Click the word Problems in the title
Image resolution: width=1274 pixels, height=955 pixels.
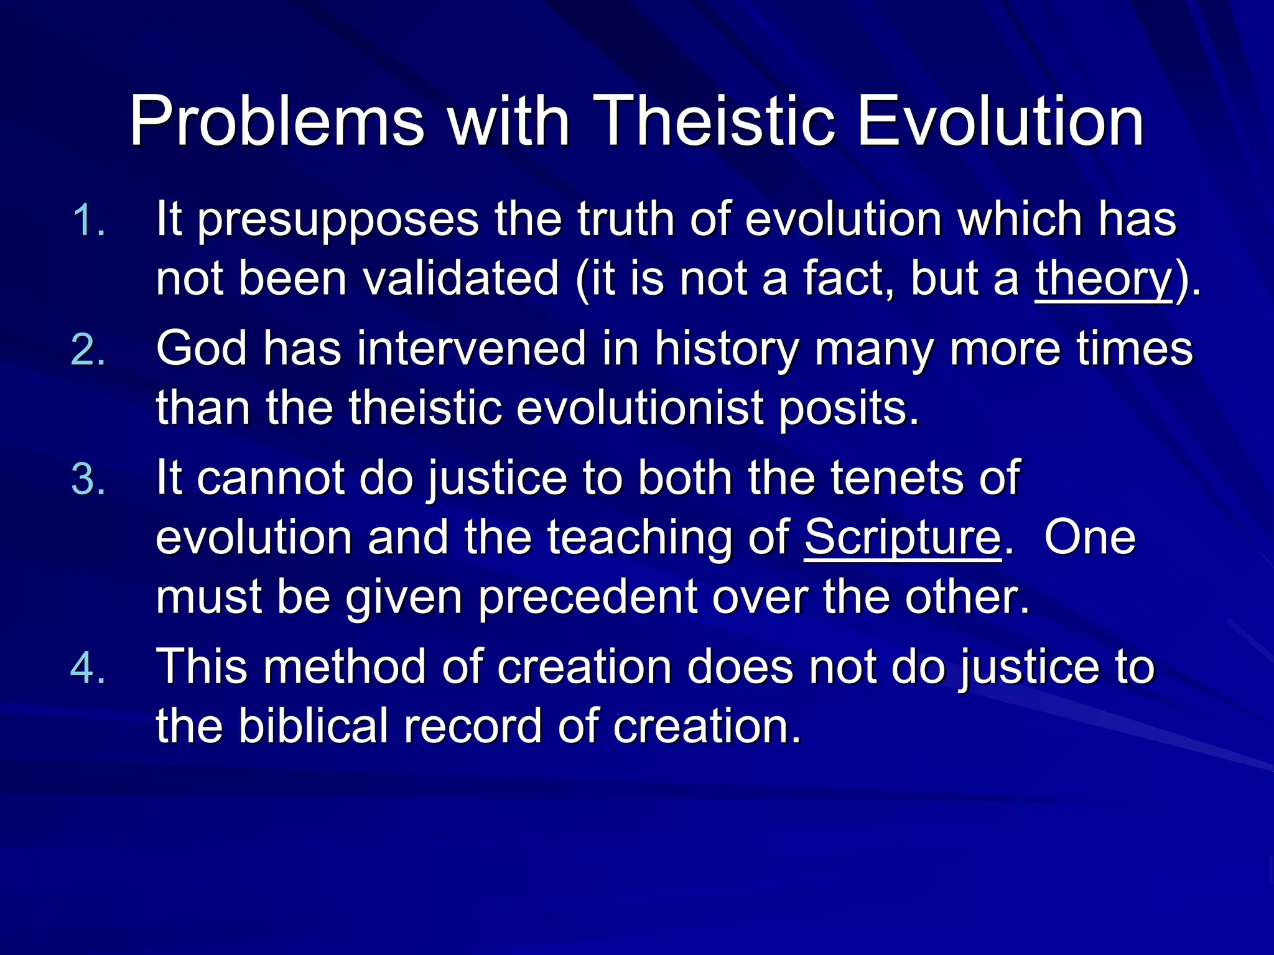[x=277, y=121]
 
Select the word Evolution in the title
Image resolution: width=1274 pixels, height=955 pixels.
[x=1000, y=121]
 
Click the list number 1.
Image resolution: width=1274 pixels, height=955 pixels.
[x=89, y=221]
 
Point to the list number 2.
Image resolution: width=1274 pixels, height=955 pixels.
[x=89, y=350]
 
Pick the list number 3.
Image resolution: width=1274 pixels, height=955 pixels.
[x=89, y=479]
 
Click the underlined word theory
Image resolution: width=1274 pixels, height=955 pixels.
[x=1104, y=279]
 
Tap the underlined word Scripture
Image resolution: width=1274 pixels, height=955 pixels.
[x=903, y=538]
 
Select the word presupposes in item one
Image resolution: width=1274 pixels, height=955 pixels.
[x=338, y=221]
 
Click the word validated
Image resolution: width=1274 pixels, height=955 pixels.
[x=461, y=279]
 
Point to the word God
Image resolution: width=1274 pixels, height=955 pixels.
[x=202, y=349]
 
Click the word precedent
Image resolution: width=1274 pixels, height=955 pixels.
[x=588, y=597]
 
